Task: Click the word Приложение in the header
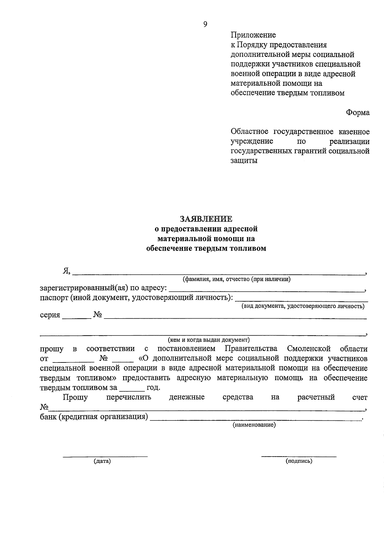[x=253, y=35]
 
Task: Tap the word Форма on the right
[x=357, y=112]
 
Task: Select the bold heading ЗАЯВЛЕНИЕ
[x=206, y=219]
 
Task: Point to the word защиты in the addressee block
[x=244, y=160]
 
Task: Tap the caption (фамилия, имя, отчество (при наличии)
[x=236, y=279]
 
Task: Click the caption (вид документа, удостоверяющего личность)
[x=303, y=306]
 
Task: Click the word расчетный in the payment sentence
[x=316, y=397]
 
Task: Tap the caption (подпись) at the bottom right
[x=299, y=461]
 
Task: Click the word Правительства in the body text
[x=251, y=349]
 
